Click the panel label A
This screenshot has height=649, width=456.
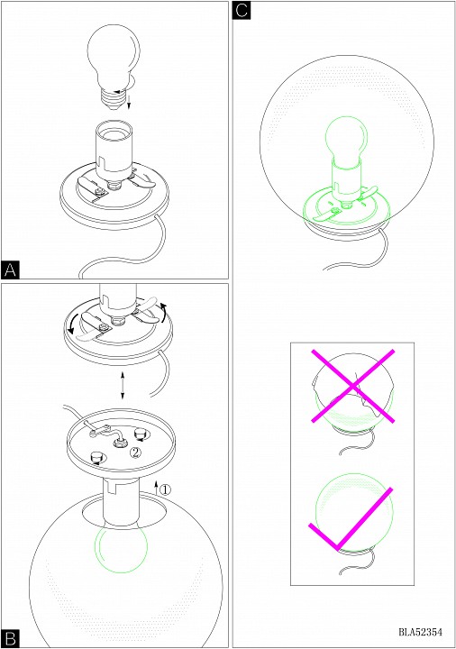[10, 270]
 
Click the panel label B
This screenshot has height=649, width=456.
[10, 639]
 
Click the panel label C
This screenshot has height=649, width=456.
[242, 10]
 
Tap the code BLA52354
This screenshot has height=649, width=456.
[421, 632]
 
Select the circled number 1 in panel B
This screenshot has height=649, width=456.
[165, 489]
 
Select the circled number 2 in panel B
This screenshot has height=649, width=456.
[135, 452]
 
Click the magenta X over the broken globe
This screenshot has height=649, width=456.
[352, 386]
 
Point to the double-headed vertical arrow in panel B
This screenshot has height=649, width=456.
[123, 386]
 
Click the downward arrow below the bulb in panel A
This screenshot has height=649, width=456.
[129, 102]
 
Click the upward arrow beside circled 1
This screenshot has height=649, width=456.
[157, 487]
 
